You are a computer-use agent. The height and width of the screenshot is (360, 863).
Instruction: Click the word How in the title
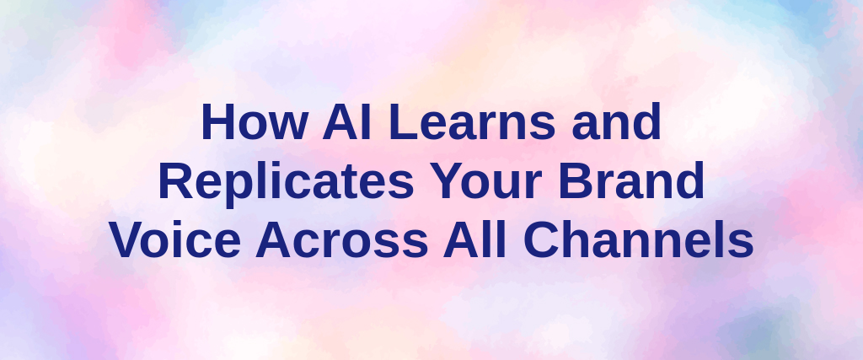(x=255, y=121)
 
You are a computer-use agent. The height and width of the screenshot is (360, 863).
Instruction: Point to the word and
(x=616, y=121)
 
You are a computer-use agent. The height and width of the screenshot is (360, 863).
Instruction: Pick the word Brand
(x=631, y=180)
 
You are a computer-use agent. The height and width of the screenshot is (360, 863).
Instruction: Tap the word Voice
(x=175, y=239)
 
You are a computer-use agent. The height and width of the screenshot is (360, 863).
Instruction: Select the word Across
(x=342, y=240)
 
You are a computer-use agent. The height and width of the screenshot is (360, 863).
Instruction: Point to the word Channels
(x=639, y=239)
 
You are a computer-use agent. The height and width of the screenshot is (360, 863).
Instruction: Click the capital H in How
(x=219, y=121)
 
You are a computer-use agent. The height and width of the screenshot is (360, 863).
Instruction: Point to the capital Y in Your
(x=447, y=181)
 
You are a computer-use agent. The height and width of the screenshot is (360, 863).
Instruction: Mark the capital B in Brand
(x=576, y=181)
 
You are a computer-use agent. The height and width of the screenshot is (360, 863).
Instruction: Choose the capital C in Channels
(x=540, y=240)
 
